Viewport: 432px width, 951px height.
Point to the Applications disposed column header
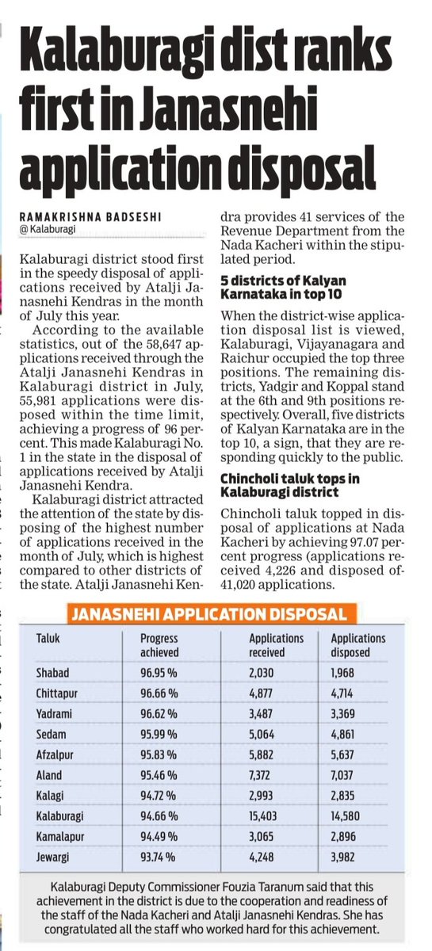click(358, 645)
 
